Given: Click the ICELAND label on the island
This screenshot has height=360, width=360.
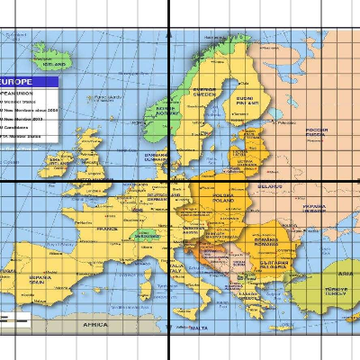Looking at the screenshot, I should click(x=56, y=65).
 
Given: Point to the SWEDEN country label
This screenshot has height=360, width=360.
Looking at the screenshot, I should click(x=205, y=94).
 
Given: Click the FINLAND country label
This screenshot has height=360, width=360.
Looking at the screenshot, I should click(x=244, y=101).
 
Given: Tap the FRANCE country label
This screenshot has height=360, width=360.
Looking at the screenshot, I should click(x=107, y=229).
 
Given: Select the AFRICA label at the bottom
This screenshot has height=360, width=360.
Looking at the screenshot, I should click(x=95, y=324).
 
